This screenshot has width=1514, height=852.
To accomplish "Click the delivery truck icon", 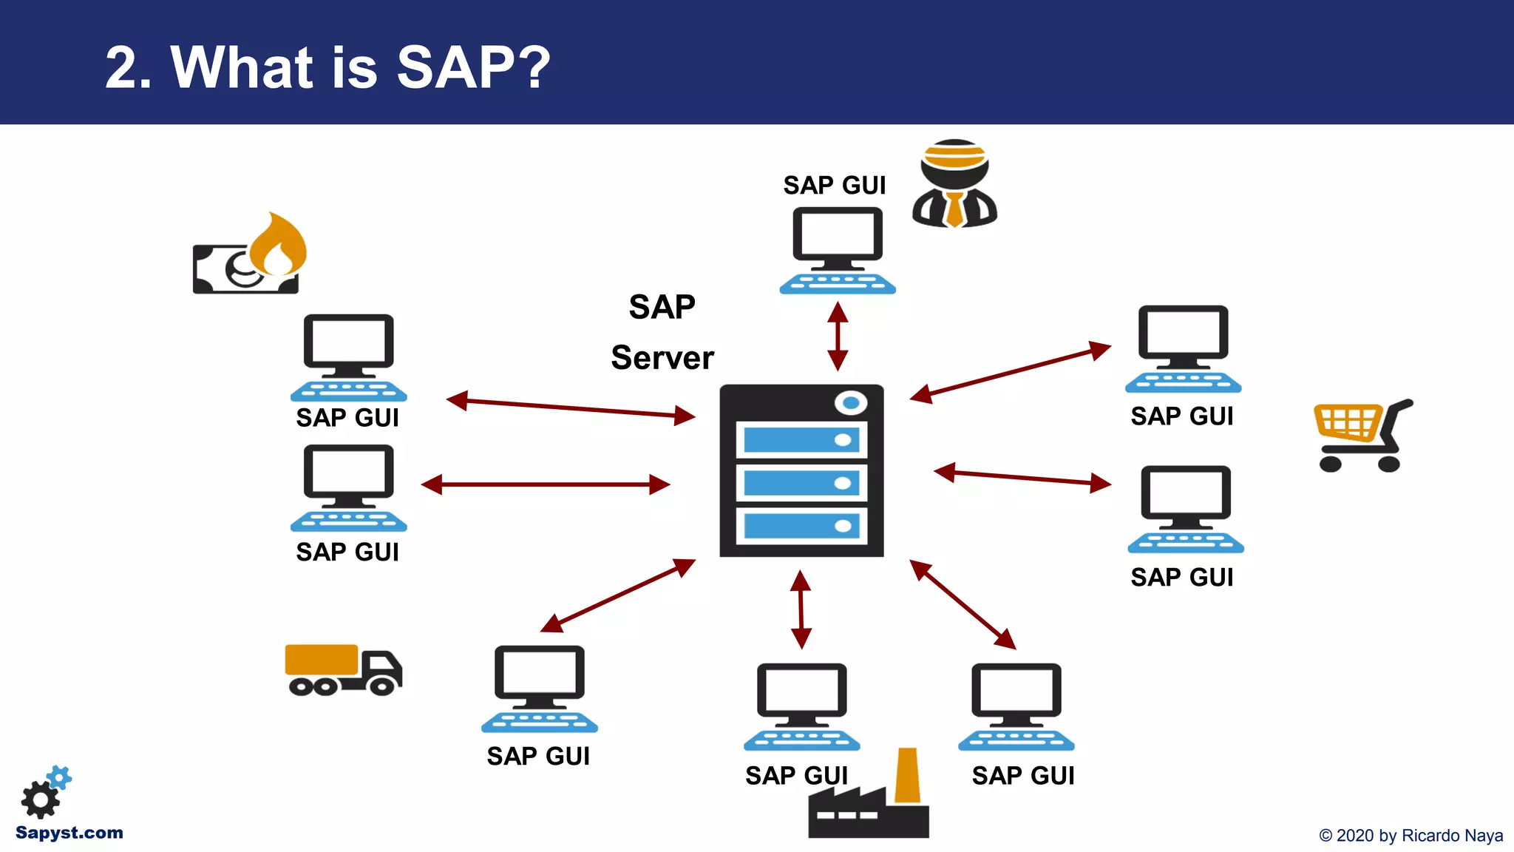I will tap(343, 670).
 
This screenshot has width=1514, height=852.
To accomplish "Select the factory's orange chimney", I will tap(907, 776).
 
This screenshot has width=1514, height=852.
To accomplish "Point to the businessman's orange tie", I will tap(954, 209).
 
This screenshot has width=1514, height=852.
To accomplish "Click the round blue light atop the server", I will tap(850, 403).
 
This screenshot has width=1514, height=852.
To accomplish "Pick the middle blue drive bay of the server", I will tap(801, 483).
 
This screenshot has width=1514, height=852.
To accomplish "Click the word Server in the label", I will tap(662, 358).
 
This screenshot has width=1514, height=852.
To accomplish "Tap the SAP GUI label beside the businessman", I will tap(834, 185).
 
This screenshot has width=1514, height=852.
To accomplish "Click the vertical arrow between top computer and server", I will tap(838, 336).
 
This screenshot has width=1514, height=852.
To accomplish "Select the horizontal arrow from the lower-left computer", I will tap(546, 484).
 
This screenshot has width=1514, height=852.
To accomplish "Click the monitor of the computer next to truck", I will tap(539, 673).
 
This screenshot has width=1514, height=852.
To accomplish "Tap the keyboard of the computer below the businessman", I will tap(838, 284).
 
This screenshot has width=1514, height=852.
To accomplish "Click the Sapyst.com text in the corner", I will tap(69, 833).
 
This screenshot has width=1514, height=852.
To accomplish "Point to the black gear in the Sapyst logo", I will tap(39, 799).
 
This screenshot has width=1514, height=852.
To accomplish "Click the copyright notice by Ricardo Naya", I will tap(1411, 836).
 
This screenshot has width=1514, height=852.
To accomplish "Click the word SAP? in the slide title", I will tap(473, 67).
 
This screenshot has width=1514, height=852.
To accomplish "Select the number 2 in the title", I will tap(122, 68).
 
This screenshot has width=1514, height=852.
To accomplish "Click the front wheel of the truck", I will tap(381, 686).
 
